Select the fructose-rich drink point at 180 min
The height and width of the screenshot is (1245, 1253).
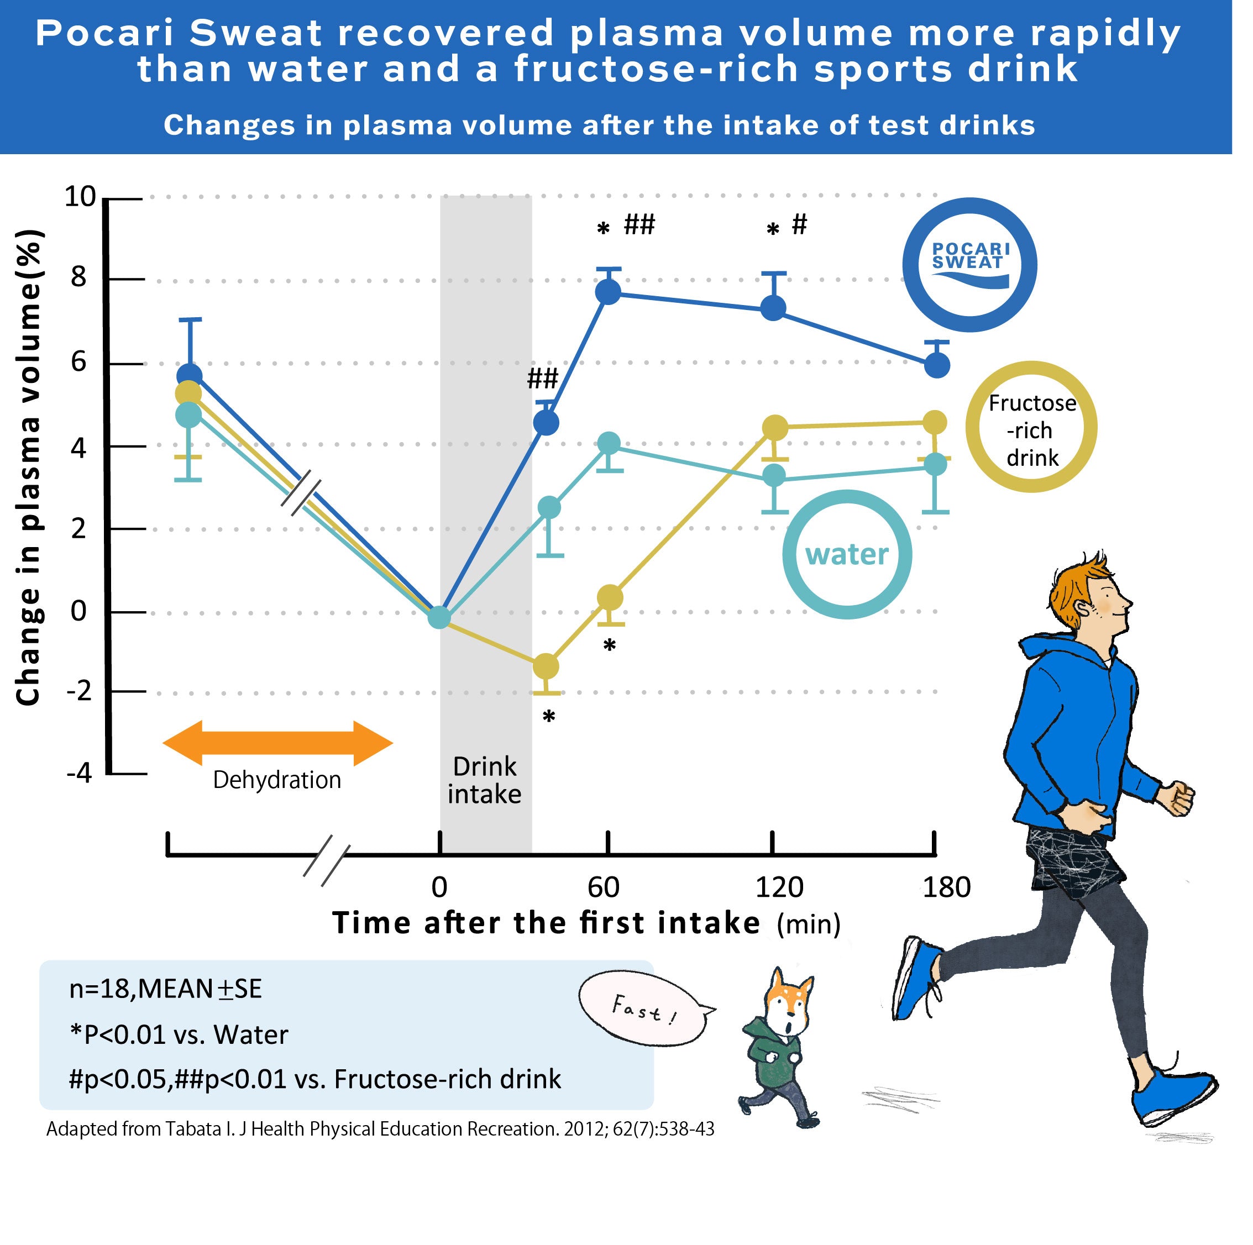pos(935,423)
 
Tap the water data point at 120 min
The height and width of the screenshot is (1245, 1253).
pos(774,476)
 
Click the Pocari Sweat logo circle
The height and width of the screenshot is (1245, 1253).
pos(969,265)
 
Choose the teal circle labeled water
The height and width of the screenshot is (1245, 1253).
pos(846,554)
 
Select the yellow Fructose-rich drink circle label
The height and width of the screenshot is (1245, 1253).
pos(1031,427)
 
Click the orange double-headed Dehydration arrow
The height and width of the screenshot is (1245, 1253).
pos(277,743)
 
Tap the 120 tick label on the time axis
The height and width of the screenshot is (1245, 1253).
pos(779,886)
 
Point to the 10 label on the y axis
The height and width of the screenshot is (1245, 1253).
pos(80,197)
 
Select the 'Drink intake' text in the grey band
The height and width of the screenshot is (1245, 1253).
pos(485,780)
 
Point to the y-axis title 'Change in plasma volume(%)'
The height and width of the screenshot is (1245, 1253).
pos(29,467)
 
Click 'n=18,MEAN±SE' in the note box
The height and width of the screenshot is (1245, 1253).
pos(165,989)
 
